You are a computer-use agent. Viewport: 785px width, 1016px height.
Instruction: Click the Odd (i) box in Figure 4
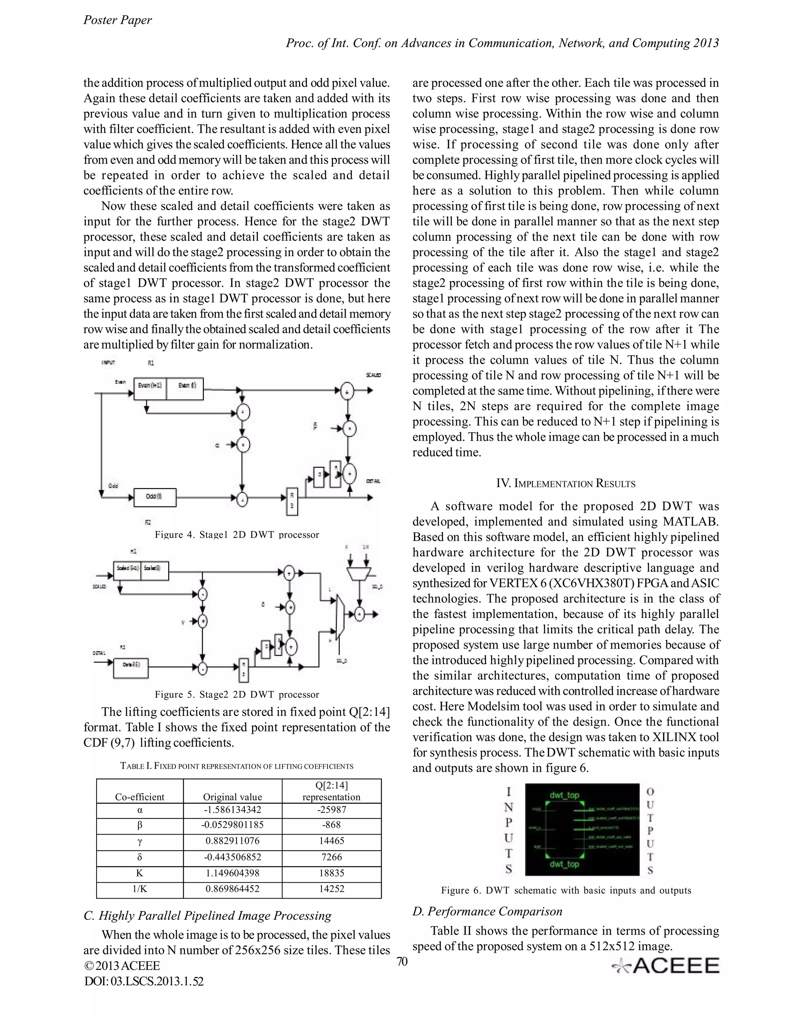154,497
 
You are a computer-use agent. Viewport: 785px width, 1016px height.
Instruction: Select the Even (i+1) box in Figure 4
150,386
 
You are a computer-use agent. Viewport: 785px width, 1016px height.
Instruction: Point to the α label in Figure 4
217,445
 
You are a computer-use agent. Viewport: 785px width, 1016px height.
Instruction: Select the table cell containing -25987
331,810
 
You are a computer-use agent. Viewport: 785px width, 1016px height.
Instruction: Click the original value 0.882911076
233,841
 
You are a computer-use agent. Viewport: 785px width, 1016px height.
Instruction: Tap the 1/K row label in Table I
140,889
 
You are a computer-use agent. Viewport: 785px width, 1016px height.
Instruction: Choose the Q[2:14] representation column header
331,791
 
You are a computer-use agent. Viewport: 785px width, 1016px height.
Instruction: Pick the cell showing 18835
331,873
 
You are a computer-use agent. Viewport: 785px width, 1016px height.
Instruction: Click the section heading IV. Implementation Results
565,483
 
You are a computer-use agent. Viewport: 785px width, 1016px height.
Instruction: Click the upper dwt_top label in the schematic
564,795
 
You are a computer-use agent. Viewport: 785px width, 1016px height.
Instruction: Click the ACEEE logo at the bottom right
665,966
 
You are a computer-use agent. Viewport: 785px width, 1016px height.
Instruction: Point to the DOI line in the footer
144,981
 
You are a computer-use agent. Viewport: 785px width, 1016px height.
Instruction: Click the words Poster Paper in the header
117,20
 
